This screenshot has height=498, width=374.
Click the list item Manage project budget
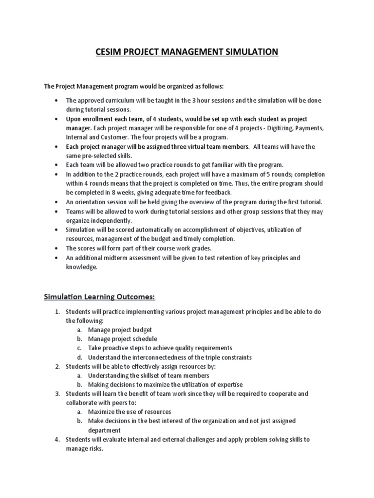tap(116, 329)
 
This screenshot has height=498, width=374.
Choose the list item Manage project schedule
tap(122, 338)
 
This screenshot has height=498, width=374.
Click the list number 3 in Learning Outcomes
tap(56, 393)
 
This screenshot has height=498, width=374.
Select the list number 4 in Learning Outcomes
tap(56, 439)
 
